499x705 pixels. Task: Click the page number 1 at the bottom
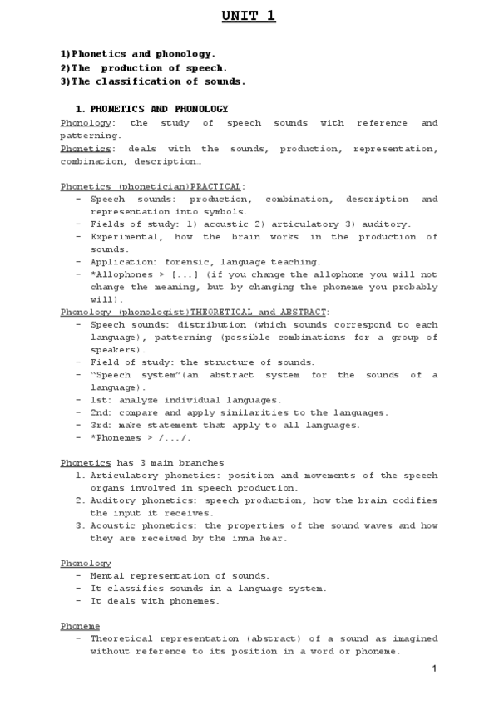click(434, 669)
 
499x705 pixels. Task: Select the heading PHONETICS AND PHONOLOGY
click(159, 109)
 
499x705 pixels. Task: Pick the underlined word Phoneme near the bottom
click(80, 625)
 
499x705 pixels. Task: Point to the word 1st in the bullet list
click(99, 400)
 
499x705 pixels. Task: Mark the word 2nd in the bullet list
click(99, 412)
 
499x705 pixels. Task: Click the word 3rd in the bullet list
click(99, 425)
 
